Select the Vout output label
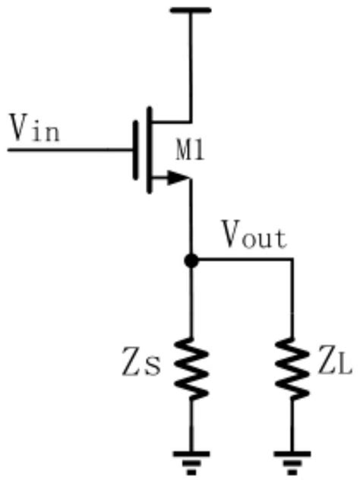coord(254,237)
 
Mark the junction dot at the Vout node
coord(191,260)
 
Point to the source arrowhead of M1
coord(178,179)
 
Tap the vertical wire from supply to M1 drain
coord(191,65)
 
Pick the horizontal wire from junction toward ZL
coord(243,260)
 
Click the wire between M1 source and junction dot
coord(191,220)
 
